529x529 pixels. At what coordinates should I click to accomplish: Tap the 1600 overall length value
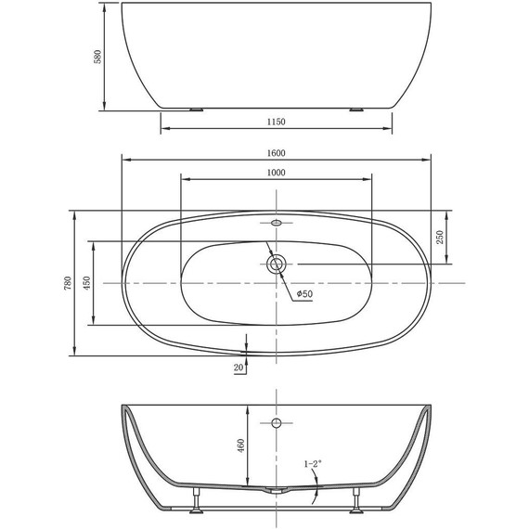point(276,153)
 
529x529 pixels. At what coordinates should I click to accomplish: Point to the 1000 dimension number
point(276,173)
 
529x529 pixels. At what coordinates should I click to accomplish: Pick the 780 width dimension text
point(67,283)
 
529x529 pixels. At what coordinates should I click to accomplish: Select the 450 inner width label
point(86,283)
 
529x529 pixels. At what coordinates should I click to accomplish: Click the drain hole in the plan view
point(276,264)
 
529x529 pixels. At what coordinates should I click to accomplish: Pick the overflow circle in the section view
point(276,423)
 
